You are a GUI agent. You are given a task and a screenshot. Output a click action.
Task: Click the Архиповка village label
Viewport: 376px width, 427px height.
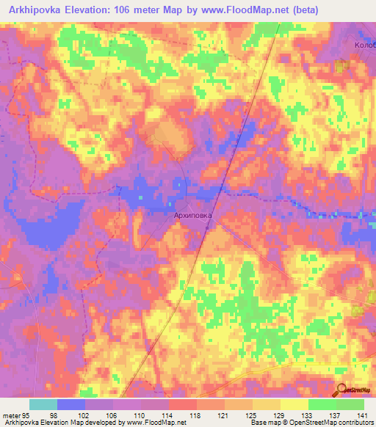[x=191, y=216]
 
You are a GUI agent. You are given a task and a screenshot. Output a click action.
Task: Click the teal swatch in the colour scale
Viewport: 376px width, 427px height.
[x=43, y=404]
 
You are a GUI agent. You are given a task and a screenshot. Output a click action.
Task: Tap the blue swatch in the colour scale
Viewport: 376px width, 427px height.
[x=71, y=404]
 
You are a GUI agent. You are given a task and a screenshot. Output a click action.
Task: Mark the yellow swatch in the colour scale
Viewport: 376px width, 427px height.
[x=294, y=404]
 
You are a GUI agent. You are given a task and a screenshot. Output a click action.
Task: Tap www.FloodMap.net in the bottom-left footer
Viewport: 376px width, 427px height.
[x=156, y=423]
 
